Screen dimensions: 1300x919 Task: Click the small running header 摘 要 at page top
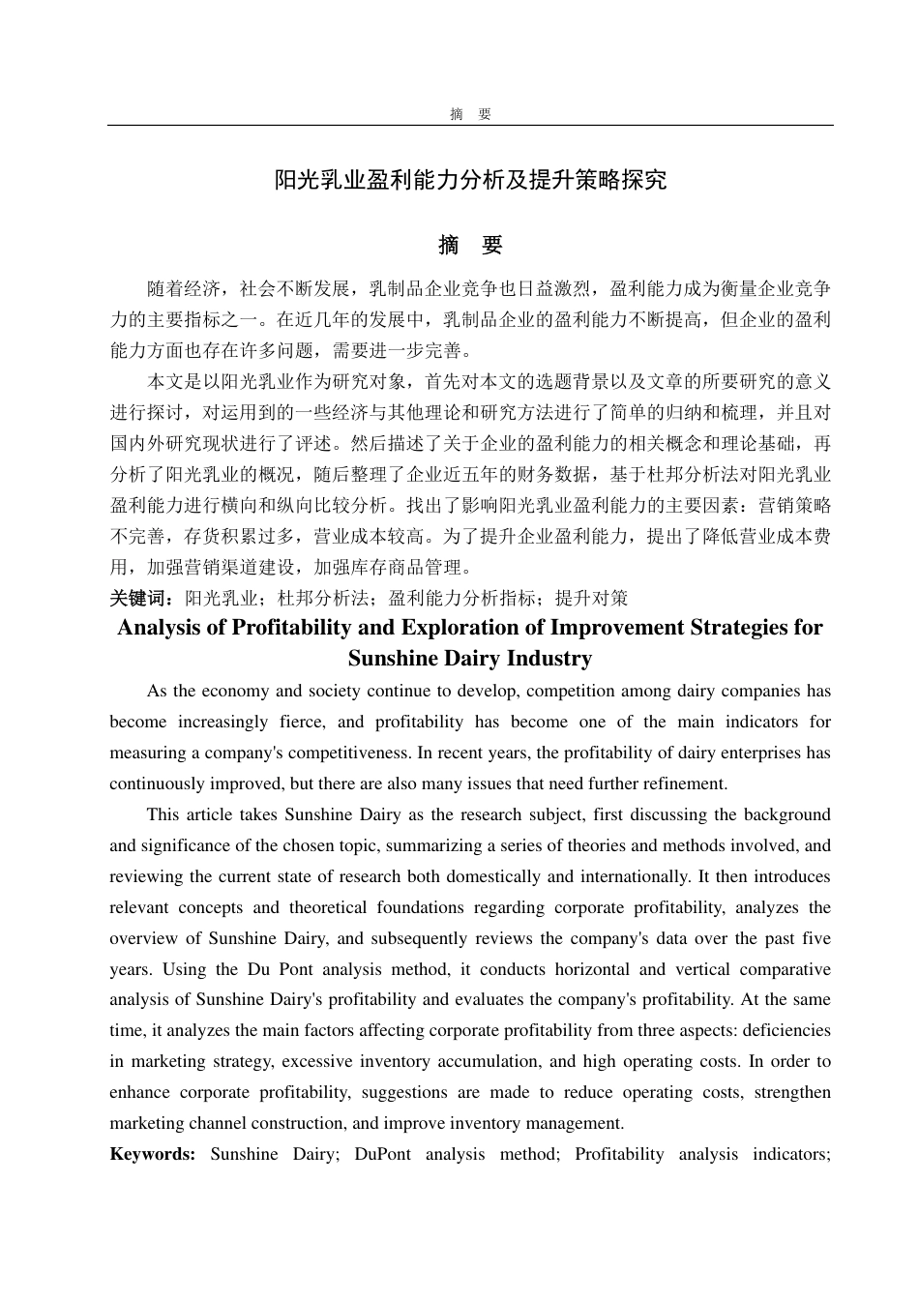pos(470,114)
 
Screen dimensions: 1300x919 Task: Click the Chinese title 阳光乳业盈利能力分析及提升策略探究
pos(470,180)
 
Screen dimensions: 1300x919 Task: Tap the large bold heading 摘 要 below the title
pos(470,246)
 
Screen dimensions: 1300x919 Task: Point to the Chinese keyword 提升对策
pos(591,599)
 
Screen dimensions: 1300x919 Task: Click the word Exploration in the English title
pos(464,628)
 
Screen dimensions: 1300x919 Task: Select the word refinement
pos(681,783)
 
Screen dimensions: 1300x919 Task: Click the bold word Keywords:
pos(153,1154)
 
